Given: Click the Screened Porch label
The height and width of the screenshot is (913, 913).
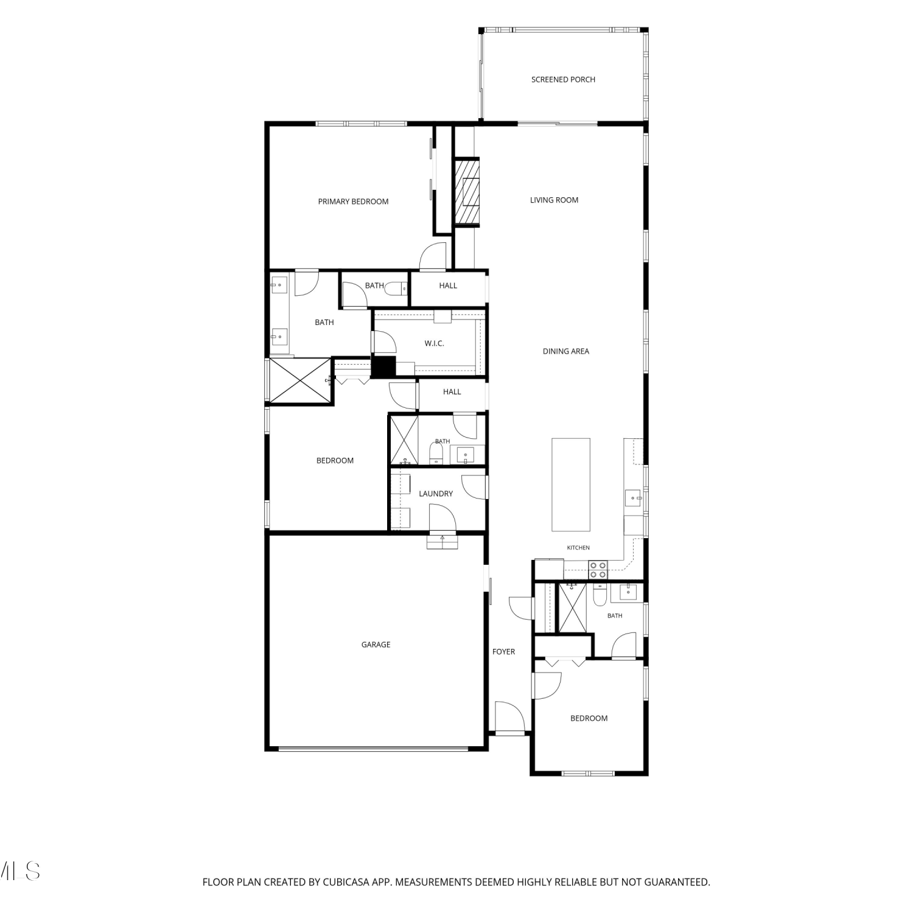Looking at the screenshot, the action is pos(563,80).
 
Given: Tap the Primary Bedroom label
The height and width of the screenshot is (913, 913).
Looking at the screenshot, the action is pos(353,201).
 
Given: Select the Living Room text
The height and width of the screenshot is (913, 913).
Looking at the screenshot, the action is pos(554,200).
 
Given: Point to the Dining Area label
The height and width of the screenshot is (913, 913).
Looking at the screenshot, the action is pos(566,351).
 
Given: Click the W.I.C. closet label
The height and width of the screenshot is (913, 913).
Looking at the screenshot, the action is pos(434,343).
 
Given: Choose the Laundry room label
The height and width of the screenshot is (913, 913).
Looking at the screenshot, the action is pos(436,494).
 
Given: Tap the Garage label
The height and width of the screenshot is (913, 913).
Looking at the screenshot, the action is pos(376,645).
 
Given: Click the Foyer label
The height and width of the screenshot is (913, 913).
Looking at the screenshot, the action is pos(503,652).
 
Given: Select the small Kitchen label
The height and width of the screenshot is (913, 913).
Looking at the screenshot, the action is pos(578,548).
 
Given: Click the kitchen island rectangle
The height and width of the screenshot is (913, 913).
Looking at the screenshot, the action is pos(571,484).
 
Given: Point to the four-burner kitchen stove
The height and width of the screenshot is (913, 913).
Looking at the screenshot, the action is pos(598,570).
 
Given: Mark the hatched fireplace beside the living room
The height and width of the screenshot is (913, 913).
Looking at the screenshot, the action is pos(466,192).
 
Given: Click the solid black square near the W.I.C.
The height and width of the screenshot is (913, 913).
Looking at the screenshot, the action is pos(383,367).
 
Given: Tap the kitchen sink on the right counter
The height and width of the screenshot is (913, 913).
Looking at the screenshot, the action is pos(634,498).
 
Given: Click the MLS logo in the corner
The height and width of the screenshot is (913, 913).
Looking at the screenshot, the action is pos(20,871).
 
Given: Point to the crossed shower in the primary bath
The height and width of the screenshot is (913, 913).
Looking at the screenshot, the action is pos(299,380).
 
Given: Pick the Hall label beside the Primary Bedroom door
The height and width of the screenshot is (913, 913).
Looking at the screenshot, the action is pos(448,285).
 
